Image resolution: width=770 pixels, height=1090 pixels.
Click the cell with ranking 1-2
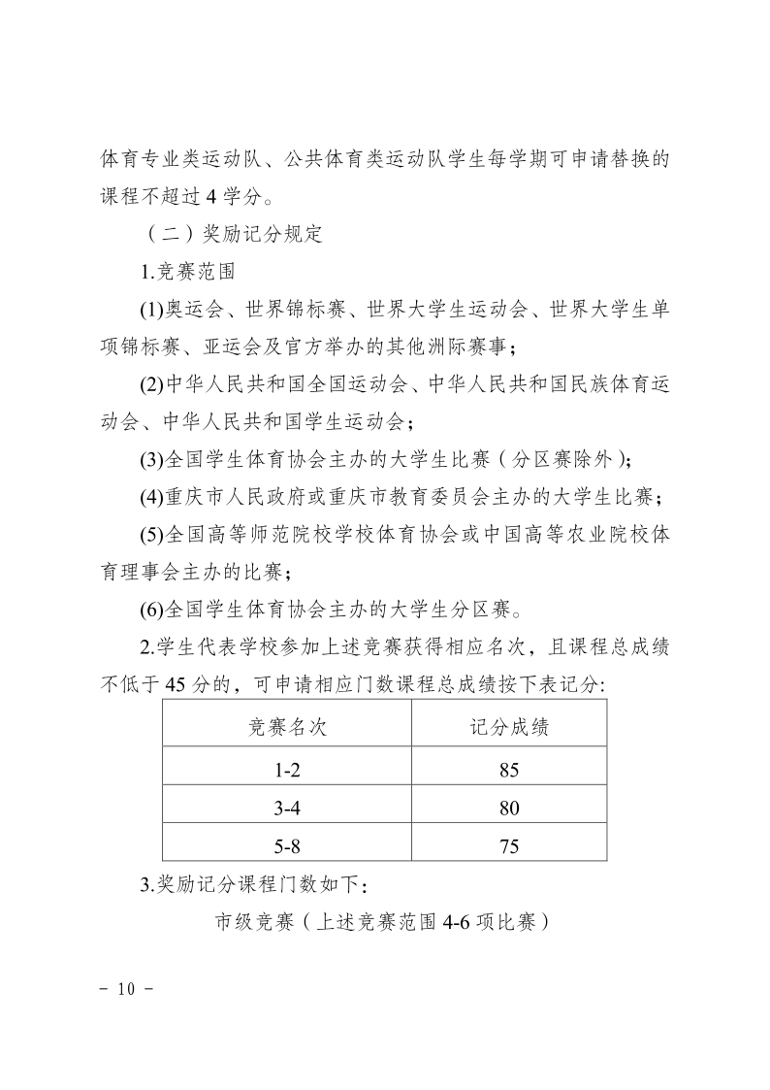[x=288, y=771]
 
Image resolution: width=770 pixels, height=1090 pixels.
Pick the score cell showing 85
[x=509, y=771]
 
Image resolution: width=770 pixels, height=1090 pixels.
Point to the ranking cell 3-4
[x=288, y=809]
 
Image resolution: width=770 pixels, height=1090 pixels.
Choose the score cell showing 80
[x=509, y=809]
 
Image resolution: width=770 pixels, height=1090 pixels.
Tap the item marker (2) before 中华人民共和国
[x=152, y=385]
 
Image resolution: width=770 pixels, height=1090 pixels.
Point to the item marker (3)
[x=152, y=460]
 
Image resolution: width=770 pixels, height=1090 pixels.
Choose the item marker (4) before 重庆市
[x=152, y=498]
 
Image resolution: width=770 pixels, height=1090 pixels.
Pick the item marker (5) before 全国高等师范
[x=152, y=536]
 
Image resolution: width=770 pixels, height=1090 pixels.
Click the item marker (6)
[x=152, y=611]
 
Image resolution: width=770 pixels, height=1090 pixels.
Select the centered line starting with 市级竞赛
[x=383, y=921]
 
